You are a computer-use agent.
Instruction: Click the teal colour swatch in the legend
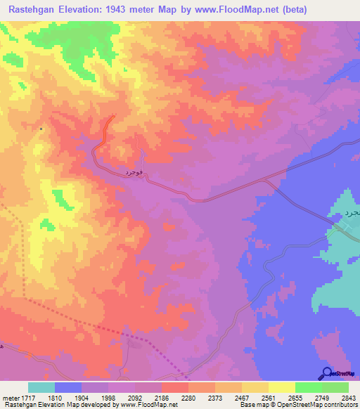[x=41, y=387]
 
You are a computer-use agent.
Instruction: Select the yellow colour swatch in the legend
[x=282, y=387]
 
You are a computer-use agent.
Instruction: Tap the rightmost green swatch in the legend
[x=335, y=387]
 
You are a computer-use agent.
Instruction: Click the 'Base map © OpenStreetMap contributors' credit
[x=298, y=405]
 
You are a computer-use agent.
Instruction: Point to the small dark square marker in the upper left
[x=41, y=129]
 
